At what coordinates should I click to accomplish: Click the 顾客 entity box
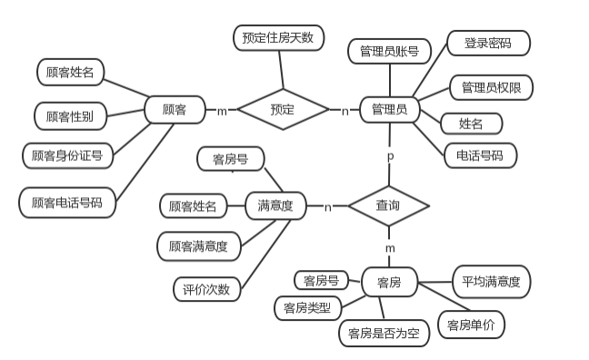click(175, 110)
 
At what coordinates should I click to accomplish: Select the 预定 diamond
click(282, 110)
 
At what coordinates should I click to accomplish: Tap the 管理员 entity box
click(389, 110)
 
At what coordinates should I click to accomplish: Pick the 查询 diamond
click(388, 206)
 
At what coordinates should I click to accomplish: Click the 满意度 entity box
click(275, 206)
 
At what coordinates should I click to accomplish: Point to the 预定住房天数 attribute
click(278, 37)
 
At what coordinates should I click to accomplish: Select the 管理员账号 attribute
click(389, 51)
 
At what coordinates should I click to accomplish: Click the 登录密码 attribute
click(487, 43)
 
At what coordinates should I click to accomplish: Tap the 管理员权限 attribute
click(491, 87)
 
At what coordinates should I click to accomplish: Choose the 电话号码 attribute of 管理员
click(480, 155)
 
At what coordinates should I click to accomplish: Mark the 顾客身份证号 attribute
click(67, 155)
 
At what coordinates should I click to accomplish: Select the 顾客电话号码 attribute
click(67, 202)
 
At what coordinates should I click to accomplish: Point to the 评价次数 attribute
click(206, 290)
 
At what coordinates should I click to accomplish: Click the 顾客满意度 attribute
click(198, 245)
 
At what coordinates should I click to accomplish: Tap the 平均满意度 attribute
click(491, 282)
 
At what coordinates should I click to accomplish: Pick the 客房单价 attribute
click(471, 325)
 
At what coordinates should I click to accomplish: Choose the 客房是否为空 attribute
click(384, 334)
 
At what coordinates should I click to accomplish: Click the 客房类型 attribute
click(307, 308)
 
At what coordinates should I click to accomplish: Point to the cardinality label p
click(390, 156)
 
